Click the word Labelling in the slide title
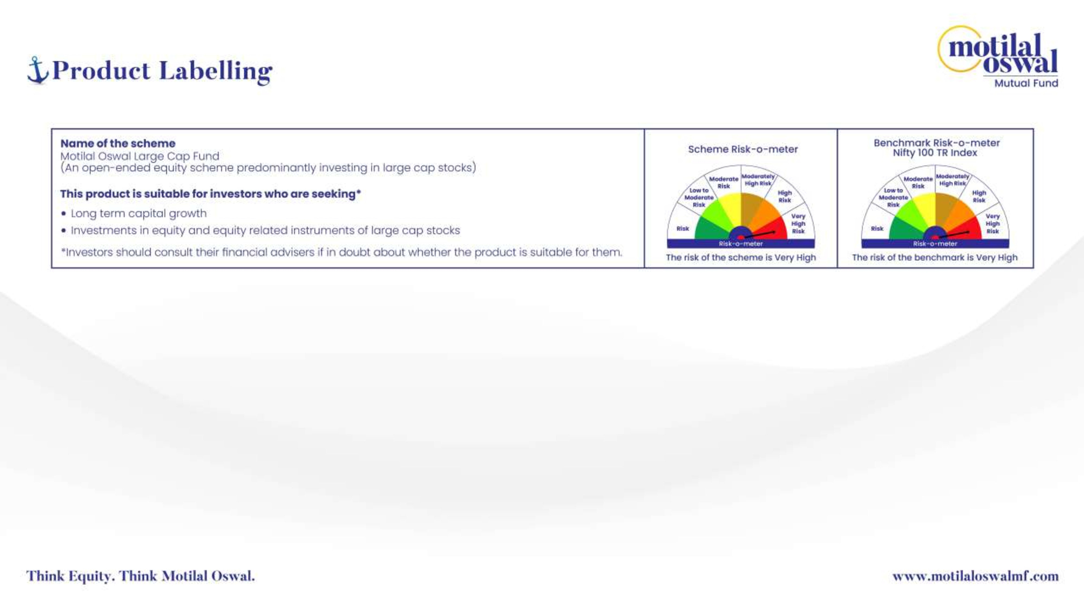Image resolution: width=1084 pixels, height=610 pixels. click(216, 71)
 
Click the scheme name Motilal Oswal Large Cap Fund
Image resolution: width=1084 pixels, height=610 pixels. click(140, 156)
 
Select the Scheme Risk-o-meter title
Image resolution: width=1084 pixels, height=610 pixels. click(743, 149)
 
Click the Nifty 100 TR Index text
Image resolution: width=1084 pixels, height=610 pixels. click(935, 153)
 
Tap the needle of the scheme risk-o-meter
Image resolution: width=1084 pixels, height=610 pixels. click(760, 235)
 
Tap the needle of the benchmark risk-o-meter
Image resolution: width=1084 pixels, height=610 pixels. click(954, 235)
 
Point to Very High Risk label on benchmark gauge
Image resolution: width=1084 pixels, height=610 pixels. click(993, 224)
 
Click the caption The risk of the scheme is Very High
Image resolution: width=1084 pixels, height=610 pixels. click(741, 257)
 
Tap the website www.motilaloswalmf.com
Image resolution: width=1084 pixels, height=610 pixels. click(975, 576)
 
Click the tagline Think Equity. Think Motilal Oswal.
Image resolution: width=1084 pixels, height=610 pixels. click(141, 576)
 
